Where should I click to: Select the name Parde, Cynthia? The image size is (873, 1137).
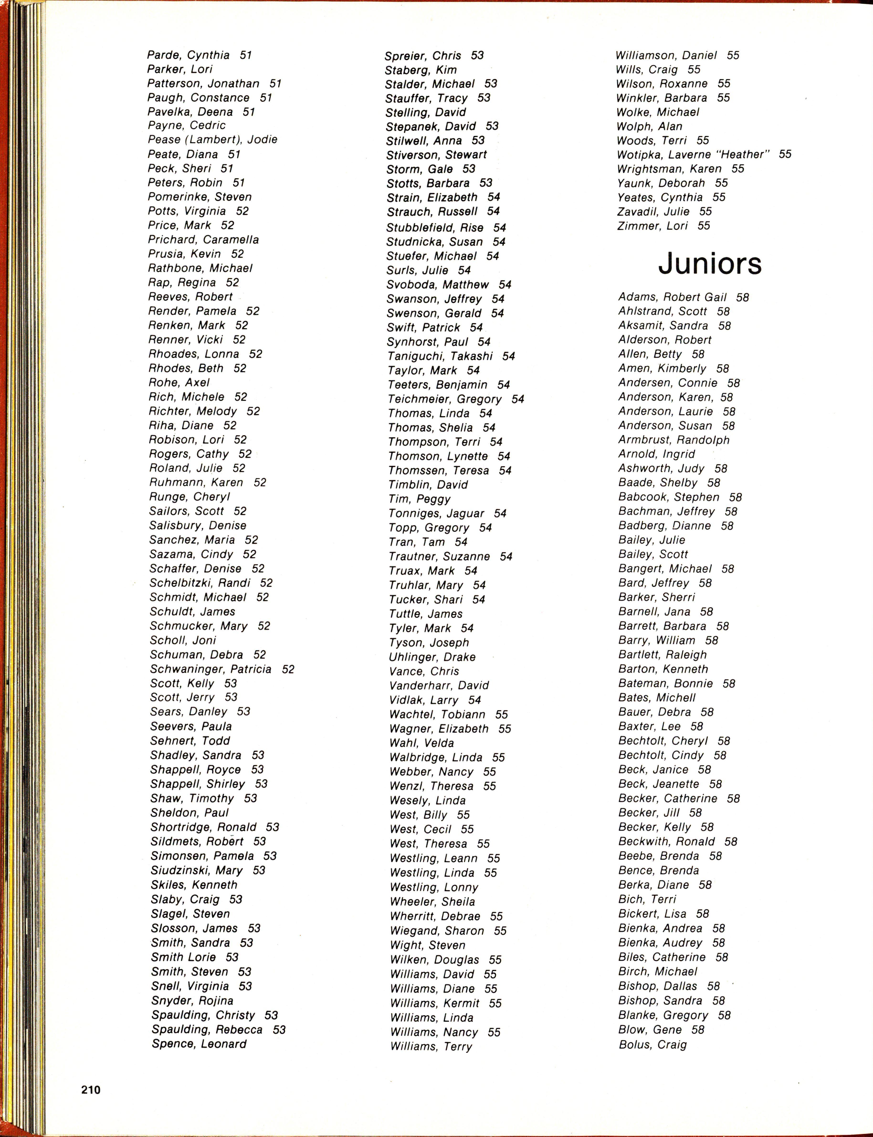[x=188, y=55]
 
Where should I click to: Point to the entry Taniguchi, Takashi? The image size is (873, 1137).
[x=440, y=356]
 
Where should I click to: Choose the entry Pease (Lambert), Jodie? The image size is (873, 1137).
[x=213, y=140]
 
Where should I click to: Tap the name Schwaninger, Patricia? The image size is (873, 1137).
[x=210, y=669]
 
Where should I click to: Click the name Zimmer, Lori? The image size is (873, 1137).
[x=652, y=226]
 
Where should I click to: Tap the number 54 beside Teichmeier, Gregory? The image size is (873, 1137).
[x=518, y=399]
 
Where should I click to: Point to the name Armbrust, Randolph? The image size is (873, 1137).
[x=673, y=440]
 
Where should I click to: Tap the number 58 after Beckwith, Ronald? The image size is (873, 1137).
[x=731, y=842]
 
